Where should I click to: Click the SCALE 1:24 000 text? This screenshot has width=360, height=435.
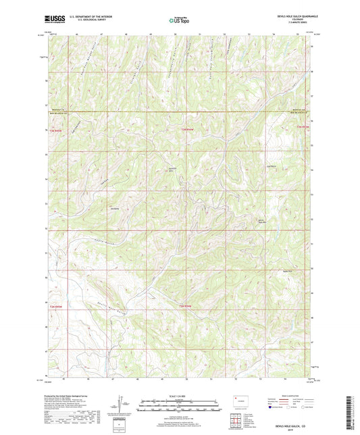(179, 396)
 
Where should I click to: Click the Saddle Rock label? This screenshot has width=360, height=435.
(171, 169)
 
